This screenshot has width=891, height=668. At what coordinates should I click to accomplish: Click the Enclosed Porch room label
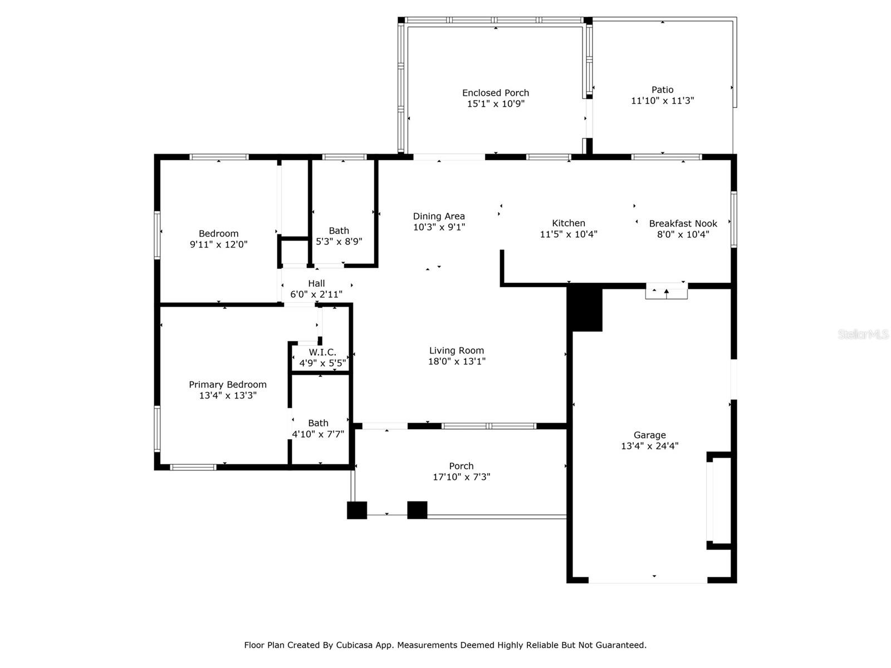(x=495, y=93)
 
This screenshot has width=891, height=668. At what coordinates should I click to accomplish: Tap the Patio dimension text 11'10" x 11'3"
(x=662, y=101)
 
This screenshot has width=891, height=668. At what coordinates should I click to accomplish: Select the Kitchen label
(x=569, y=223)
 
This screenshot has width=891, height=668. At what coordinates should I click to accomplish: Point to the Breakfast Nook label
(x=683, y=223)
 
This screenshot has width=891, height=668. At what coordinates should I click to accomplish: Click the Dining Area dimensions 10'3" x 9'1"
(x=439, y=227)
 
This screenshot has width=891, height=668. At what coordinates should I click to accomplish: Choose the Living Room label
(x=456, y=351)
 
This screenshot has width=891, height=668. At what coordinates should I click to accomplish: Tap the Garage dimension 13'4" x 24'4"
(x=649, y=446)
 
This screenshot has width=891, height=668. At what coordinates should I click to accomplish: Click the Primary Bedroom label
(x=227, y=385)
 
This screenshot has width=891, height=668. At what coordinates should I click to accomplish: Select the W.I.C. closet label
(x=322, y=352)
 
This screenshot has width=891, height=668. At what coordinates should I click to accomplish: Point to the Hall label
(x=316, y=283)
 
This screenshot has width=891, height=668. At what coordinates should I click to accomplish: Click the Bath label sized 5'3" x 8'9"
(x=339, y=231)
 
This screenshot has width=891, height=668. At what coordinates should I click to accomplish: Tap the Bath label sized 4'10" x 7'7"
(x=318, y=423)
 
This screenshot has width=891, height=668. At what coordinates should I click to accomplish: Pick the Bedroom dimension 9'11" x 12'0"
(x=218, y=244)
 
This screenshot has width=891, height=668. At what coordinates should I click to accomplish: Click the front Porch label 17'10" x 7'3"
(x=461, y=466)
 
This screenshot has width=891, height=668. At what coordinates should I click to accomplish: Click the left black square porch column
(x=357, y=510)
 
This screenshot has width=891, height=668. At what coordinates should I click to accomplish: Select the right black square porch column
(x=417, y=510)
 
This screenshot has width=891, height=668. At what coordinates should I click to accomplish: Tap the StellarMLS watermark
(x=863, y=334)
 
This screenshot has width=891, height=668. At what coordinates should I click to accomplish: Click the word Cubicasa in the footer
(x=354, y=645)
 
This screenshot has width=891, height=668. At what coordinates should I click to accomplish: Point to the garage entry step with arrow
(x=666, y=292)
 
